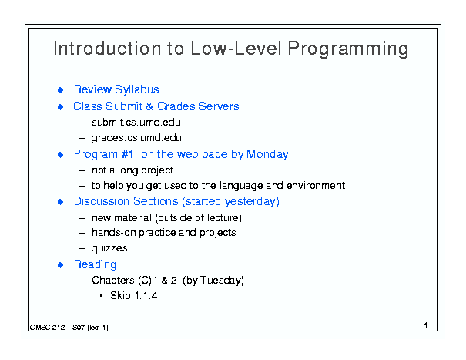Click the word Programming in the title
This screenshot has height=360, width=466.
(x=348, y=49)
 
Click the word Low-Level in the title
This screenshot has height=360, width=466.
(x=236, y=48)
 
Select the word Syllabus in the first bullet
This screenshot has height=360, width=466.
(x=137, y=89)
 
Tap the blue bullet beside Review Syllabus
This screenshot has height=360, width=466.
(x=60, y=90)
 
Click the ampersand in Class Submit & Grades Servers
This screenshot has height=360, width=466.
(x=149, y=106)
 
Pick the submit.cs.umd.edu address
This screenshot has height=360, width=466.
(x=136, y=123)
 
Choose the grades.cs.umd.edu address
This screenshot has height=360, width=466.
(x=136, y=138)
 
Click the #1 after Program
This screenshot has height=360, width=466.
(x=127, y=154)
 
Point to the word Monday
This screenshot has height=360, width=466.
(x=267, y=154)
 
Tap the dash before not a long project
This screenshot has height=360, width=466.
(x=82, y=171)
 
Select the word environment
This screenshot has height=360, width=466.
(x=316, y=185)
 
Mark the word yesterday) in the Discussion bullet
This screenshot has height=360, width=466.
(x=252, y=201)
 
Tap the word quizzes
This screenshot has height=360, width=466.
(x=109, y=248)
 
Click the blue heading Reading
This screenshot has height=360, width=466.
(x=95, y=264)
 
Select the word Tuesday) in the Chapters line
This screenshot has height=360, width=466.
(x=222, y=281)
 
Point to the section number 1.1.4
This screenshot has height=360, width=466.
(x=146, y=296)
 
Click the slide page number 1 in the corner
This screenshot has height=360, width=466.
(x=426, y=325)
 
